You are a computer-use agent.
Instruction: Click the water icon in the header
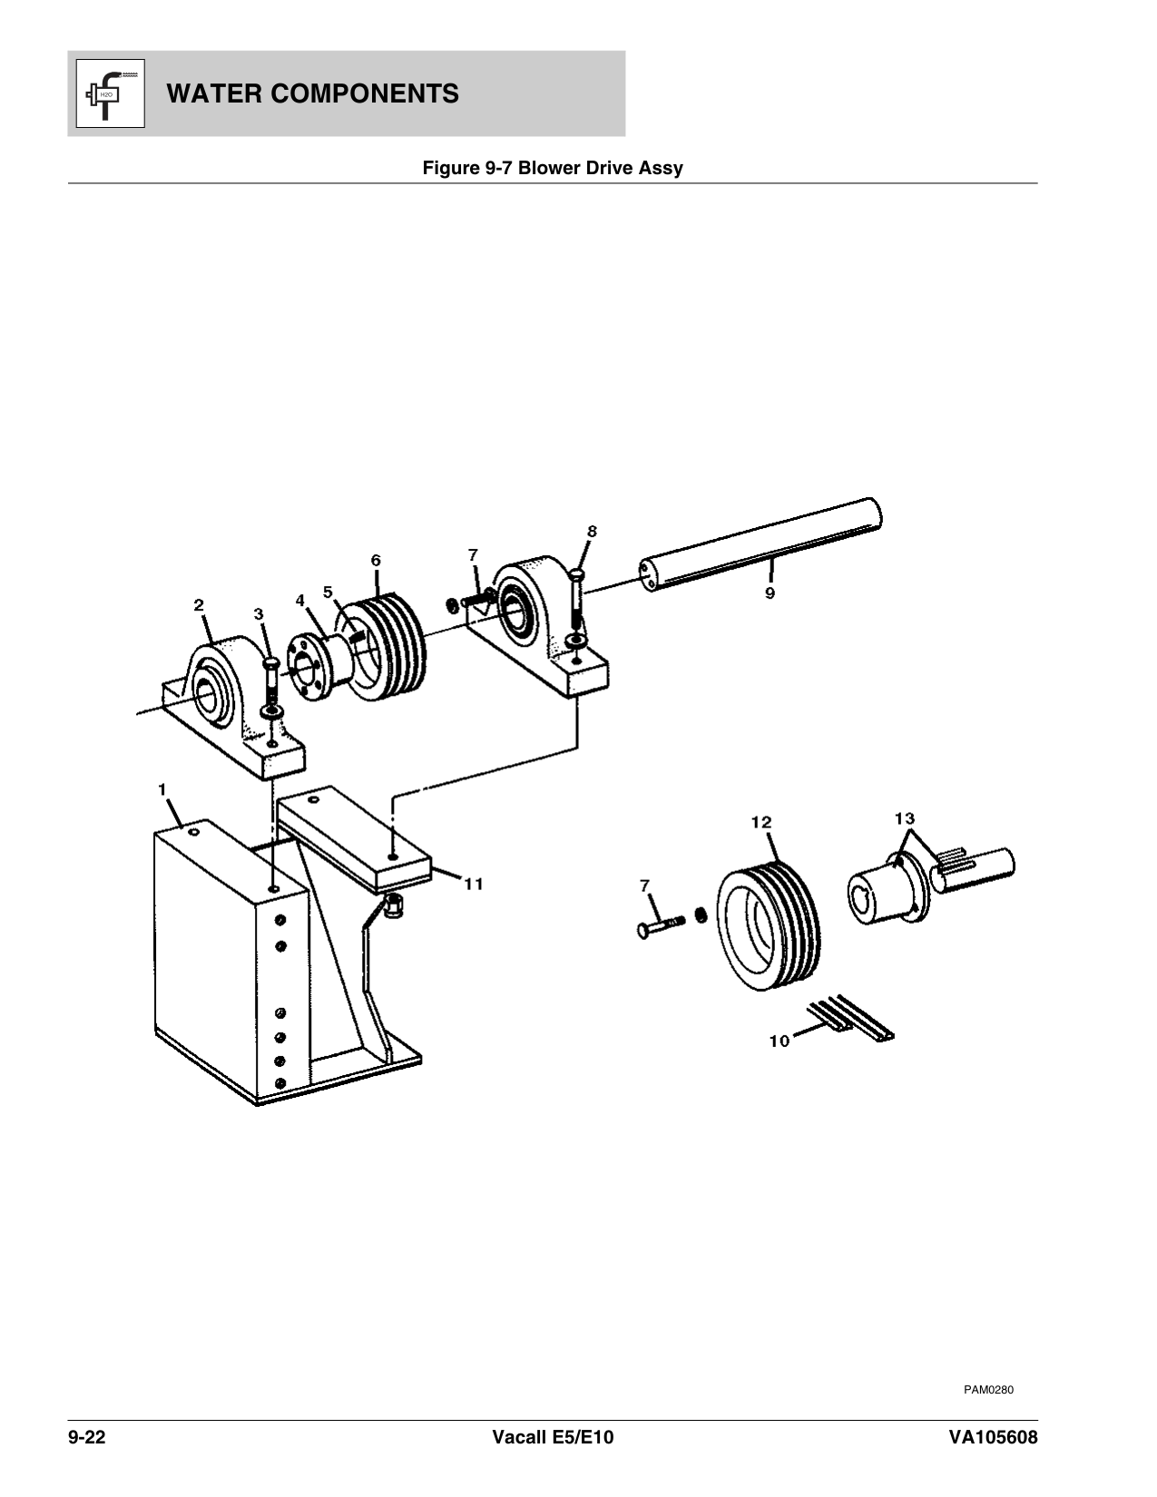pos(106,93)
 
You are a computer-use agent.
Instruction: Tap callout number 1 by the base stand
pos(162,789)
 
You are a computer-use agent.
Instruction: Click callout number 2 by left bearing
pos(199,604)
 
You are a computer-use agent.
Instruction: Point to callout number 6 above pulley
pos(376,560)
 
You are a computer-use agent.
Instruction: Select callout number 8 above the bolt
pos(592,532)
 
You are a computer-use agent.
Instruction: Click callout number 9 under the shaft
pos(770,593)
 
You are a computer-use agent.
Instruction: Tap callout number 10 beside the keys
pos(780,1042)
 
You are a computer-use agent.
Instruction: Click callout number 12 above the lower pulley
pos(760,822)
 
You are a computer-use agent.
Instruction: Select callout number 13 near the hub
pos(904,818)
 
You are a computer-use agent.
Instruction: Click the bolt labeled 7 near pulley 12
pos(662,927)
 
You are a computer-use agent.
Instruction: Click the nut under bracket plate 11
pos(394,905)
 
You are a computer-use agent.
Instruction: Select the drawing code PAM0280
pos(988,1389)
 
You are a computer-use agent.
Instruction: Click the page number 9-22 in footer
pos(87,1439)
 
